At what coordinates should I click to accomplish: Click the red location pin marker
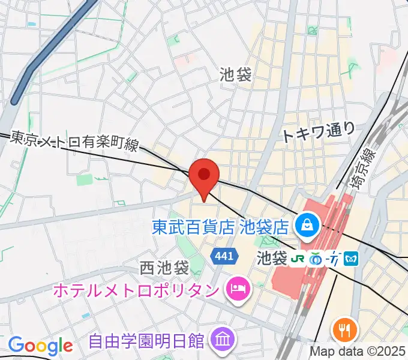(x=204, y=176)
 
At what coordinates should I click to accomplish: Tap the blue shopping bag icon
(x=307, y=226)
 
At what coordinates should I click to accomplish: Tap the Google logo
(x=41, y=345)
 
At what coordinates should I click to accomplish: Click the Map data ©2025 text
(x=358, y=352)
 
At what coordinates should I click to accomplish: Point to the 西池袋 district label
(x=164, y=266)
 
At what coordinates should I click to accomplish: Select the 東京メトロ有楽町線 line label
(x=74, y=142)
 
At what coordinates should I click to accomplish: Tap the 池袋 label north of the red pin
(x=236, y=74)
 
